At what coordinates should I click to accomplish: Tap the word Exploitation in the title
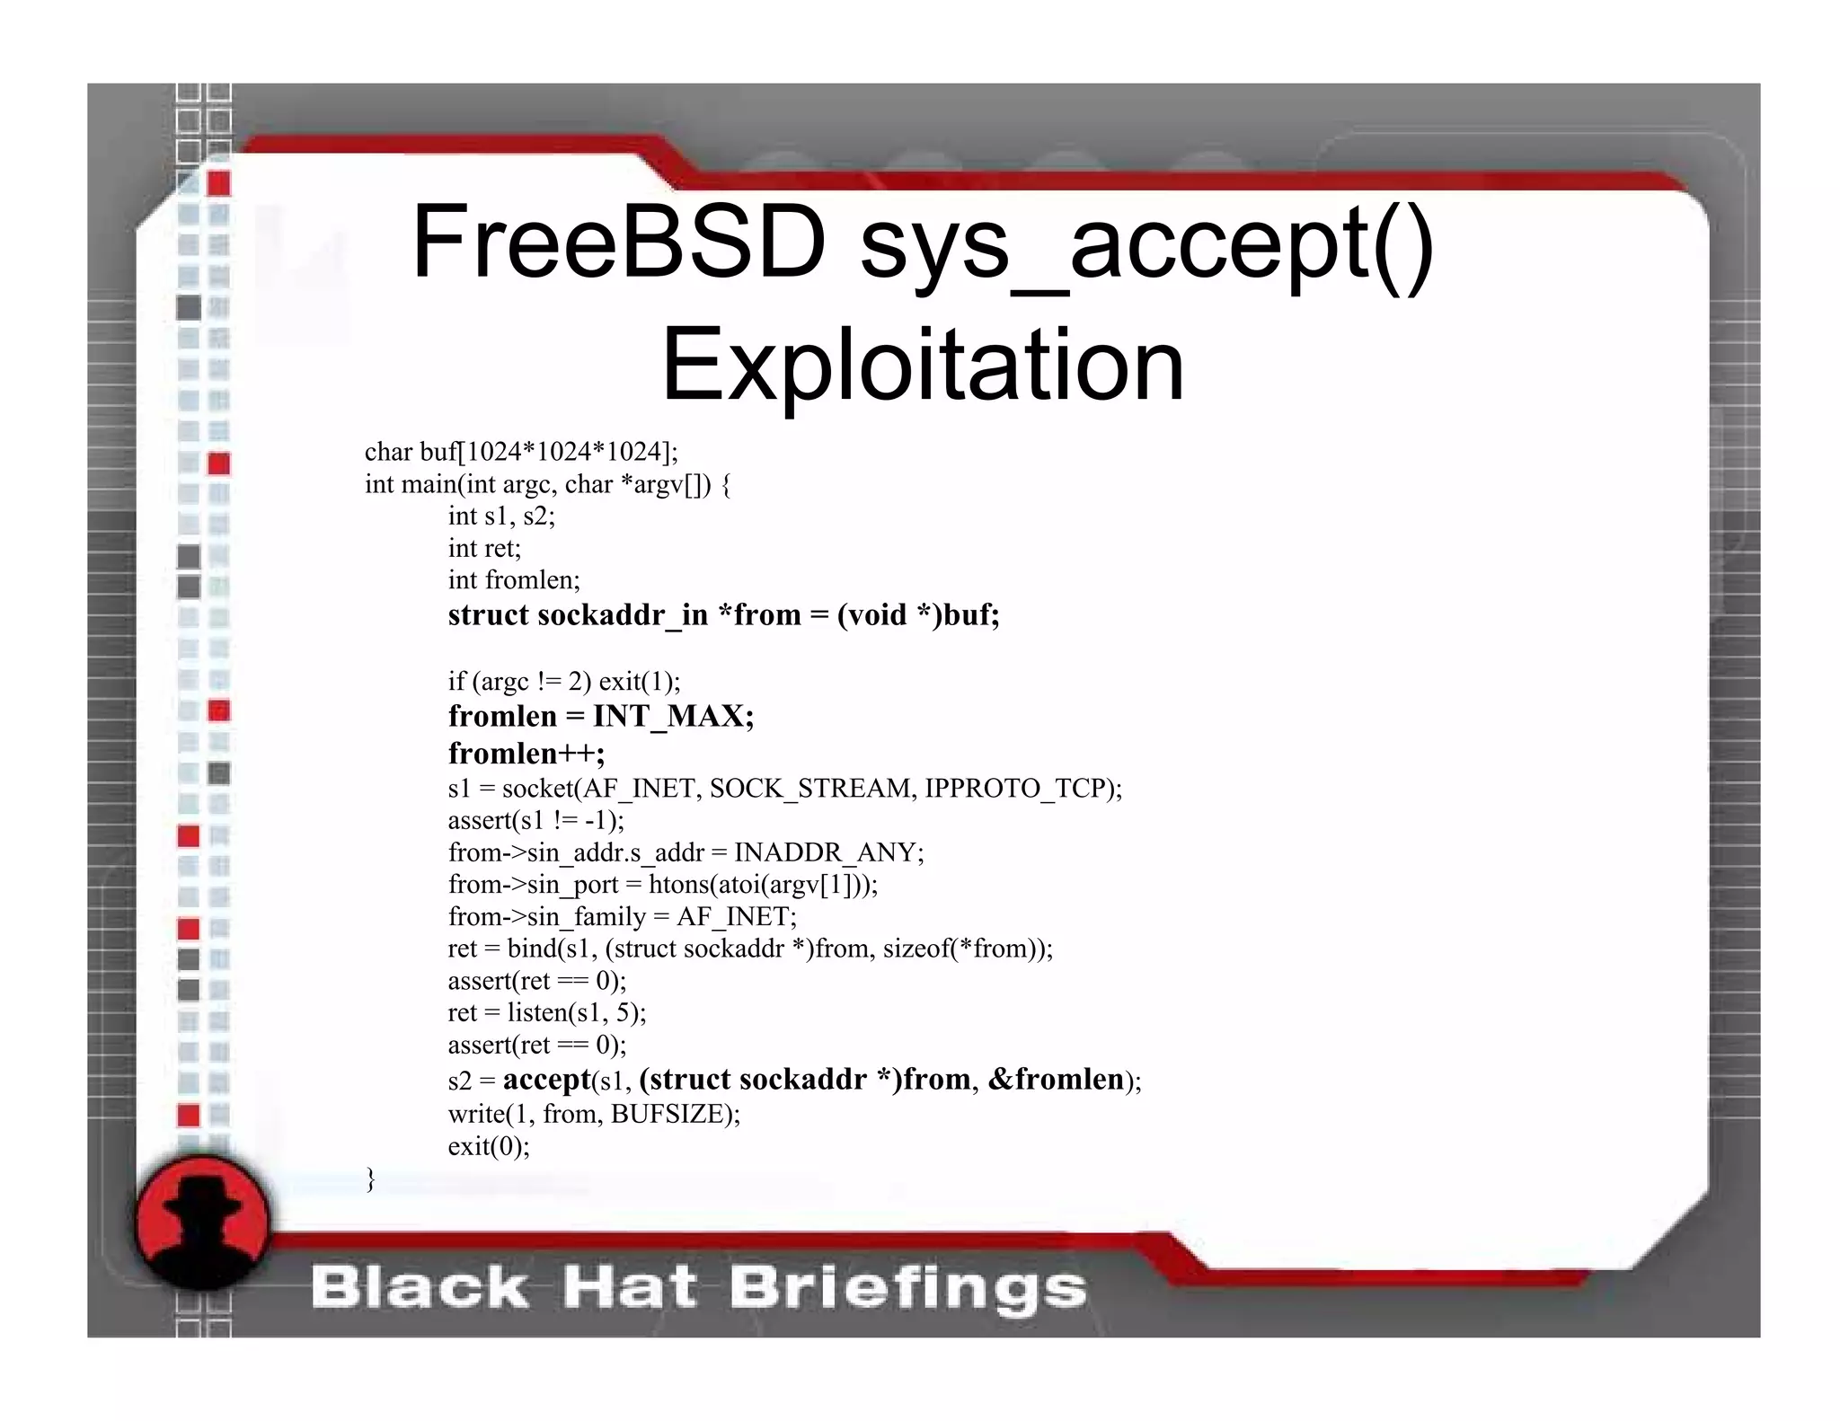pyautogui.click(x=923, y=365)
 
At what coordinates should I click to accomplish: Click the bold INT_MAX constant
pyautogui.click(x=673, y=716)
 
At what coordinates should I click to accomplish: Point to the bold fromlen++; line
pyautogui.click(x=526, y=752)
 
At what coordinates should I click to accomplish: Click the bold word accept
pyautogui.click(x=546, y=1079)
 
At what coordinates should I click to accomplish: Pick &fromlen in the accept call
pyautogui.click(x=1056, y=1079)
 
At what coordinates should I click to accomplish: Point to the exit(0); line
pyautogui.click(x=489, y=1146)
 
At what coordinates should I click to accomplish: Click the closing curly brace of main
pyautogui.click(x=370, y=1178)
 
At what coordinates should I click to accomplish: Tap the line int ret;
pyautogui.click(x=484, y=548)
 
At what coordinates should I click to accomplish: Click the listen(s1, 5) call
pyautogui.click(x=575, y=1012)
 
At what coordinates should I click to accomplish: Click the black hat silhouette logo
pyautogui.click(x=203, y=1222)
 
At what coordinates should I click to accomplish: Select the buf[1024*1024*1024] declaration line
pyautogui.click(x=521, y=451)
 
